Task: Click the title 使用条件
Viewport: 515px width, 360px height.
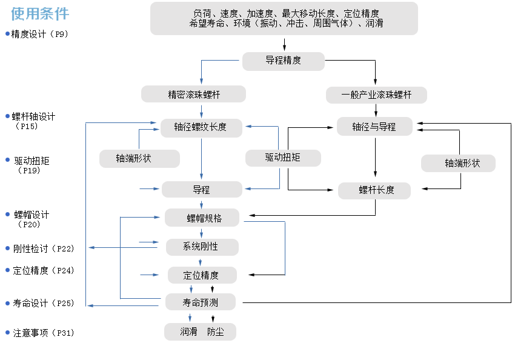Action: [x=40, y=14]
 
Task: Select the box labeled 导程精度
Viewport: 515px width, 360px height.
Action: [x=284, y=61]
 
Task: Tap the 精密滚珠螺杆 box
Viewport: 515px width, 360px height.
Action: [x=193, y=94]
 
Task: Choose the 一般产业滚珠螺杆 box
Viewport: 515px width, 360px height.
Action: [x=376, y=95]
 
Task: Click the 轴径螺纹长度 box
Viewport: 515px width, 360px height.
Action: [x=202, y=127]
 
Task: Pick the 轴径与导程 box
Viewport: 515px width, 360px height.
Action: [x=374, y=127]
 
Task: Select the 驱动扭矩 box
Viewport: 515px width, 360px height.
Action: [x=283, y=158]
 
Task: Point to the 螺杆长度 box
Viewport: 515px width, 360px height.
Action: [x=374, y=190]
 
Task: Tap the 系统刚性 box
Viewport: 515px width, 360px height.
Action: [x=202, y=247]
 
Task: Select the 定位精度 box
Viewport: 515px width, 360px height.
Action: [x=202, y=275]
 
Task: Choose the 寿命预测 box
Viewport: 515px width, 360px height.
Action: [x=201, y=302]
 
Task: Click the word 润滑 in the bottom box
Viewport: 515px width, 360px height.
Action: [x=188, y=332]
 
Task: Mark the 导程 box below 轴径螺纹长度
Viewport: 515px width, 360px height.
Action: [x=201, y=190]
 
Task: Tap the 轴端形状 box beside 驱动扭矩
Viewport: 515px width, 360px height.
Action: [x=140, y=159]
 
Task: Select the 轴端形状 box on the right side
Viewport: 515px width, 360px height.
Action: [x=458, y=163]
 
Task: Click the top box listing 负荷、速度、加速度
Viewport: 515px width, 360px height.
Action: [x=284, y=18]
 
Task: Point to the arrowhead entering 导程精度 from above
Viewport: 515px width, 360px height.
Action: [x=284, y=48]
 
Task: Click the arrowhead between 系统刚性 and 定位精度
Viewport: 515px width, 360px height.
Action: [x=202, y=261]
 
